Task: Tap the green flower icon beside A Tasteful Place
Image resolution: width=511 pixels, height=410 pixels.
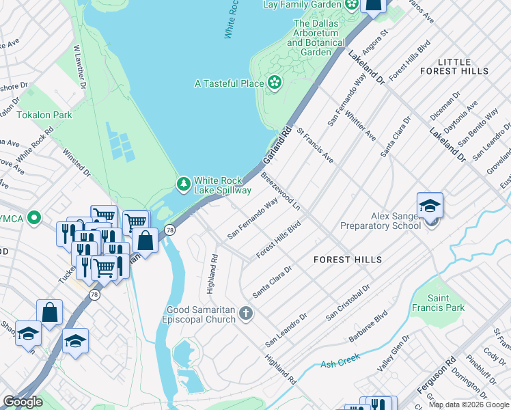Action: [x=275, y=83]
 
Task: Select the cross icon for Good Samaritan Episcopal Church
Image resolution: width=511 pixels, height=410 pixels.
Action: [x=246, y=313]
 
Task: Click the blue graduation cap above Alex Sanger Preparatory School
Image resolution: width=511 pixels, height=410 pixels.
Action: [x=430, y=205]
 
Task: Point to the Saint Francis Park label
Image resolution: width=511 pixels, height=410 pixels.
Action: [x=446, y=303]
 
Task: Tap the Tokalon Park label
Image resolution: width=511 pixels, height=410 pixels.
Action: [x=44, y=115]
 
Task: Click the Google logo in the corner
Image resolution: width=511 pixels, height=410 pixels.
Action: [x=23, y=402]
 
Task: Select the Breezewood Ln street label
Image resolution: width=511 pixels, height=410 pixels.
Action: [x=281, y=191]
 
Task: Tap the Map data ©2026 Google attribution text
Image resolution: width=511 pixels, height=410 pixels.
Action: [x=468, y=405]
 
